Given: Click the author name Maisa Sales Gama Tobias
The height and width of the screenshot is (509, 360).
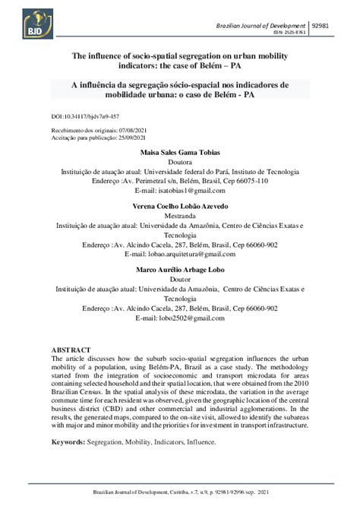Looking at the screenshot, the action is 180,152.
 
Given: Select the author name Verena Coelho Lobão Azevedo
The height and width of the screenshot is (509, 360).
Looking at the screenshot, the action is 180,207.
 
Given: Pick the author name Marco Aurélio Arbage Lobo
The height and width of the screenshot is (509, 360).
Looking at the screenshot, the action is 180,270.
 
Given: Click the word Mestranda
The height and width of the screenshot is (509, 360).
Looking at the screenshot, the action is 180,217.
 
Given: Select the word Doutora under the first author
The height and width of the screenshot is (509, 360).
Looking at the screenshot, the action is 180,162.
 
